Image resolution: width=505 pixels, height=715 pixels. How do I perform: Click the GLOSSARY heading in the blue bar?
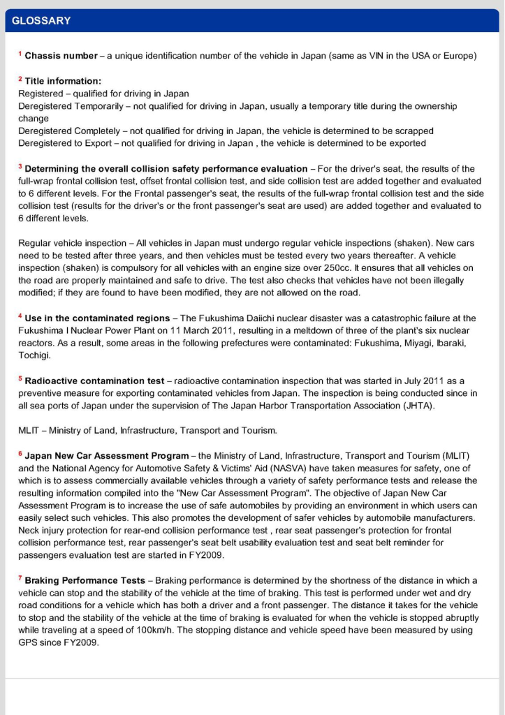[41, 21]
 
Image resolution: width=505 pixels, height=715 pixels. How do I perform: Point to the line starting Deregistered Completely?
[226, 131]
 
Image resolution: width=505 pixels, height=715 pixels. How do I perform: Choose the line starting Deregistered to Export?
[221, 144]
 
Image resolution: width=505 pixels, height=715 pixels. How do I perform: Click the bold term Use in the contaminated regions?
[97, 318]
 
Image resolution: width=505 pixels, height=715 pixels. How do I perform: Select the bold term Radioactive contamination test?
[94, 381]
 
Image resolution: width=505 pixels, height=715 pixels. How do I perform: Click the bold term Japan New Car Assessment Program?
[106, 456]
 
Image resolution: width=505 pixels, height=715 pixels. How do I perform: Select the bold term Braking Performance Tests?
[85, 581]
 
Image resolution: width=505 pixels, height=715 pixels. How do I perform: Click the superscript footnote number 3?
[20, 167]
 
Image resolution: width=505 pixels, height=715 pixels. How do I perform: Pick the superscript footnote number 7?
[20, 579]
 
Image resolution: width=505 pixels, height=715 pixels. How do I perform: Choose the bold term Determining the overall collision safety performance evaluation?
[166, 169]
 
